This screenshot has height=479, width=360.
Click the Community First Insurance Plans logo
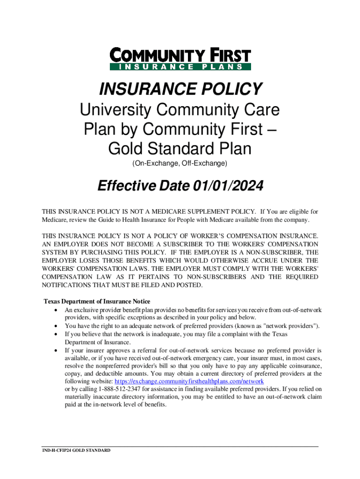click(180, 59)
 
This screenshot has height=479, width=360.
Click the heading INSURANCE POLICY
click(180, 89)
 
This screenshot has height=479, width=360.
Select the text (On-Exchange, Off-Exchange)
click(180, 163)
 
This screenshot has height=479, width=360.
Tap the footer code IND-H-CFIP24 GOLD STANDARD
click(76, 450)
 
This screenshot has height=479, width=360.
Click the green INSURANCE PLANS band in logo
click(180, 67)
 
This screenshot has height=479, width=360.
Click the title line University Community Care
click(180, 110)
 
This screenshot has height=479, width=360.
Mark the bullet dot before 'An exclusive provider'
click(57, 311)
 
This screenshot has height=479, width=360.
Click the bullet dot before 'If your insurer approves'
click(57, 350)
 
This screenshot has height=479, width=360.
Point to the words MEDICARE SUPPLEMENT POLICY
click(208, 211)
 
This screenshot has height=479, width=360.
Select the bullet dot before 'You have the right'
click(57, 327)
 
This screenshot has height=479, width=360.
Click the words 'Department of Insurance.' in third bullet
click(98, 342)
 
